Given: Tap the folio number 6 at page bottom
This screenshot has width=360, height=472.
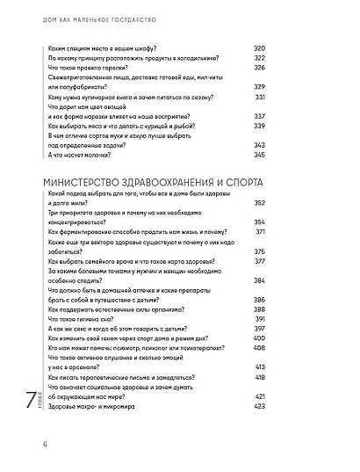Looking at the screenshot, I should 18,442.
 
